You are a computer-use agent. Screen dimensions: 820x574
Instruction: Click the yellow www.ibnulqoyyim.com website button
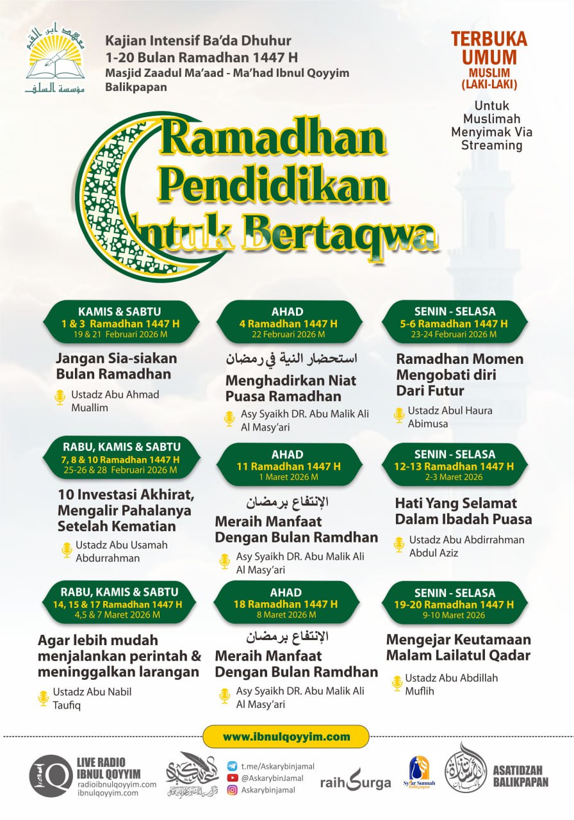pos(286,737)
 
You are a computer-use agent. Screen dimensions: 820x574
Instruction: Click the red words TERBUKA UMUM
pos(489,47)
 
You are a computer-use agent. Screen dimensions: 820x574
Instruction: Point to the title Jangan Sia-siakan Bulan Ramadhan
pos(116,366)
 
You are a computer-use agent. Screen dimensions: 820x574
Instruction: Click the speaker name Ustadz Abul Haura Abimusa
pos(441,416)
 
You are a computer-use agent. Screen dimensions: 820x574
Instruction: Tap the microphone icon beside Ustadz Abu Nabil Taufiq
pos(44,698)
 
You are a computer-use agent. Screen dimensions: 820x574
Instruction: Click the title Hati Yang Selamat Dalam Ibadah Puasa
pos(463,511)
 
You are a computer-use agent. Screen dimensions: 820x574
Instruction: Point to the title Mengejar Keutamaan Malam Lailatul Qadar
pos(458,647)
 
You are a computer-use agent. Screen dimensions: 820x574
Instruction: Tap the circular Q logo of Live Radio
pos(50,776)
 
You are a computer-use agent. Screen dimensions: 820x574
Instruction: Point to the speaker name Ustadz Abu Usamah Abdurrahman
pos(121,551)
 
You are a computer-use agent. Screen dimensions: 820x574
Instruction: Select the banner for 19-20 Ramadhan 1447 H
pos(455,603)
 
